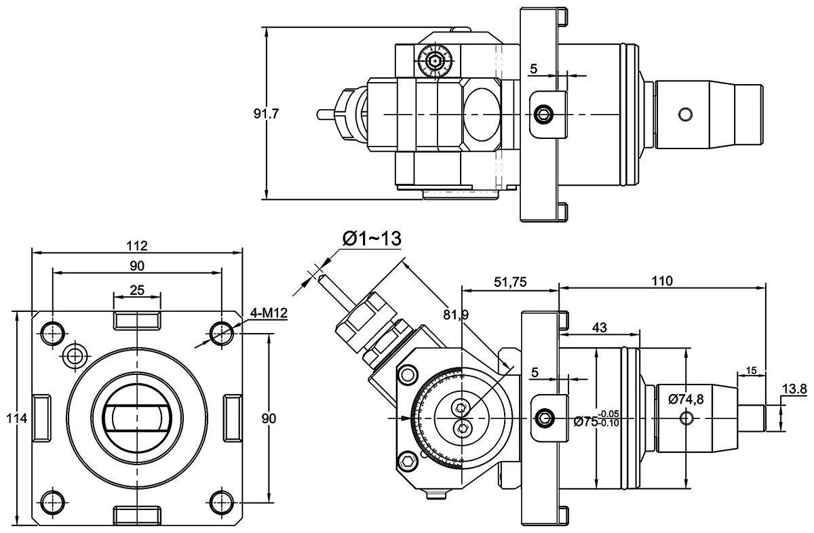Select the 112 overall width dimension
(137, 245)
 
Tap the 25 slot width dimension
(137, 290)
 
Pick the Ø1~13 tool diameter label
(372, 239)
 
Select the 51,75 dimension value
(509, 281)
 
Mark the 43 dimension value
(599, 327)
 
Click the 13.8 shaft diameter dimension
(794, 389)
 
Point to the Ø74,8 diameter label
(685, 399)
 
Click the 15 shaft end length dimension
(751, 370)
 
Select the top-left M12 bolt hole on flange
(52, 332)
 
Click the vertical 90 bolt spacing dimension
(269, 419)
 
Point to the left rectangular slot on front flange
(41, 418)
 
